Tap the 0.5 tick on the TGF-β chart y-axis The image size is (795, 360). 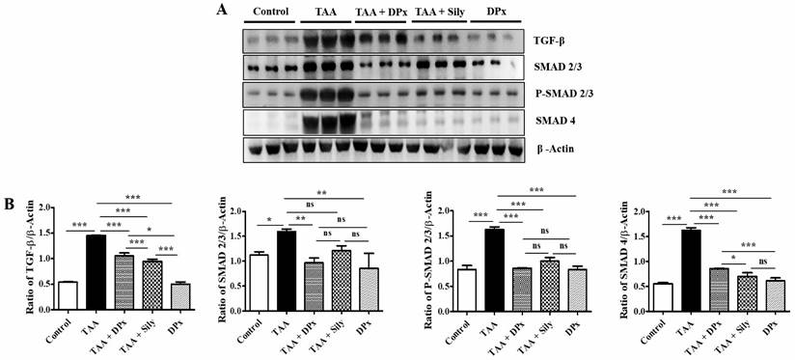point(41,284)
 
